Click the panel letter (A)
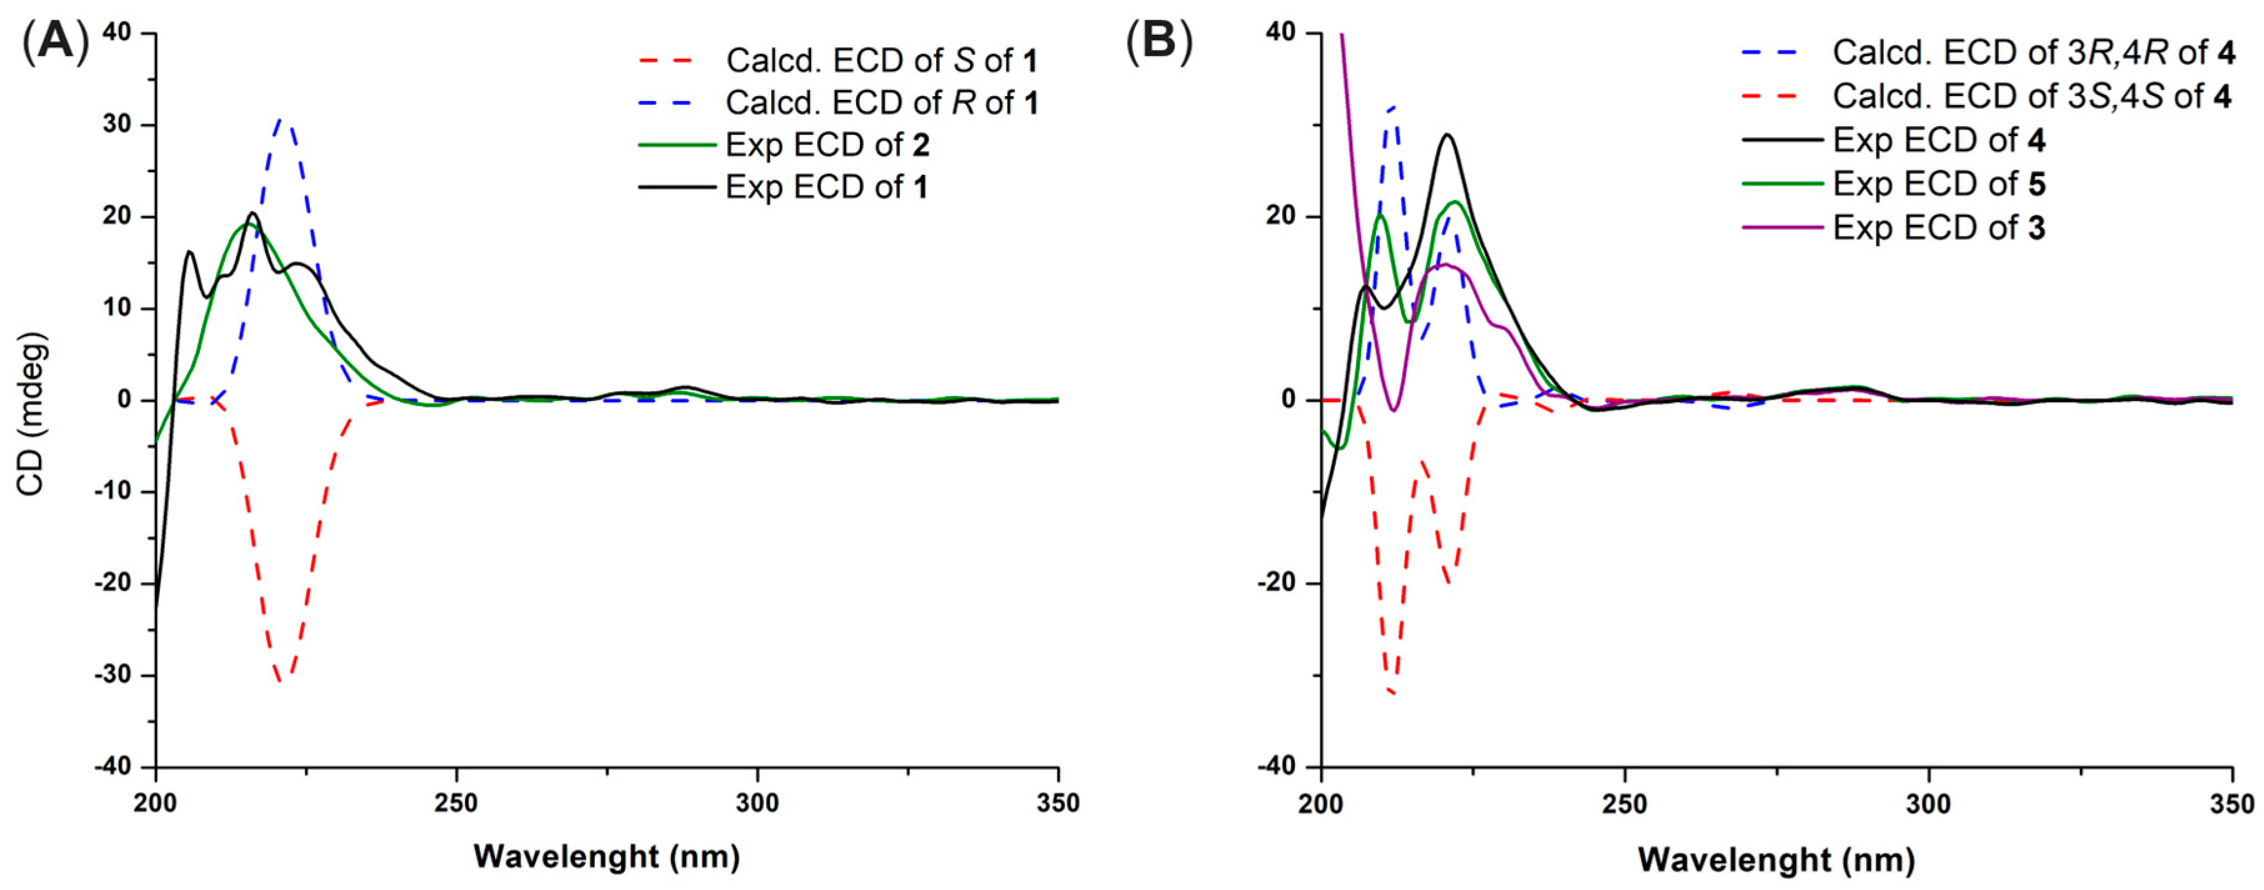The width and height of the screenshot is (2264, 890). [x=54, y=41]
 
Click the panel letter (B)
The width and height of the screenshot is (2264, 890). [x=1159, y=41]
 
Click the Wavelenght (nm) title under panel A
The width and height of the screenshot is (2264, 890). [x=606, y=856]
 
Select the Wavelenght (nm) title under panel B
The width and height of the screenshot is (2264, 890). [x=1776, y=858]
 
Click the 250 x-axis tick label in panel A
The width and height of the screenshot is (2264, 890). [x=456, y=803]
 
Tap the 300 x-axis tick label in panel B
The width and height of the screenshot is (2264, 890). [x=1928, y=804]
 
